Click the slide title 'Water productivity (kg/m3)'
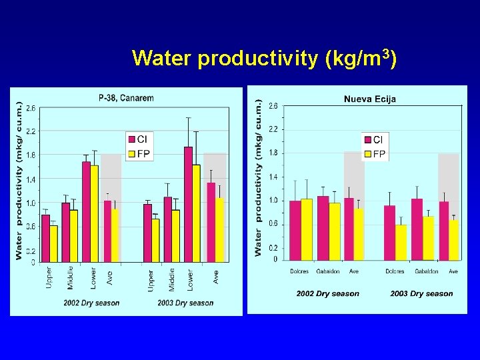click(265, 58)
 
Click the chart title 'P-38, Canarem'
click(126, 98)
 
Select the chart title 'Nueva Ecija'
click(369, 99)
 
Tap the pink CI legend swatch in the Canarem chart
click(131, 139)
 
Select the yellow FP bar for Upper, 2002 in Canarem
click(54, 243)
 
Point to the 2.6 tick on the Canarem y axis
click(31, 108)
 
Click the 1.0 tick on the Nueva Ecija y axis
click(273, 201)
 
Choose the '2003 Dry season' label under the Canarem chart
click(185, 303)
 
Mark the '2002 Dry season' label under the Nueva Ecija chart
click(327, 293)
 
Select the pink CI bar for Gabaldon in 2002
click(323, 227)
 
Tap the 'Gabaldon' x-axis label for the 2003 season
click(425, 271)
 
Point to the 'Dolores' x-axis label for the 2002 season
click(300, 271)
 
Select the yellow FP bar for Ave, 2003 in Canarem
click(219, 229)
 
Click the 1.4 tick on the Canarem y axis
click(31, 179)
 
